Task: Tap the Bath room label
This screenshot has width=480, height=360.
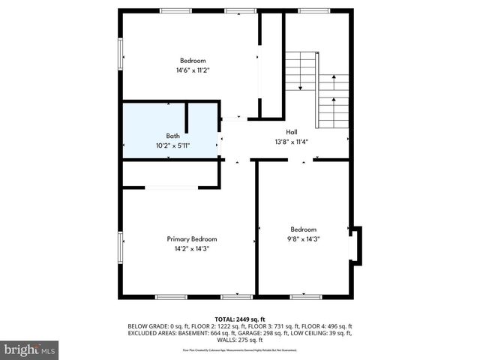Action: pyautogui.click(x=173, y=136)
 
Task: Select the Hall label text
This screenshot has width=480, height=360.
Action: pyautogui.click(x=292, y=131)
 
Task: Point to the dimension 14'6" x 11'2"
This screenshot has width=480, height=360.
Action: pyautogui.click(x=192, y=70)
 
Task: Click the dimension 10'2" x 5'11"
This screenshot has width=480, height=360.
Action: pyautogui.click(x=173, y=145)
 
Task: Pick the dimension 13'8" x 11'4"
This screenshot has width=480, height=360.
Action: pyautogui.click(x=292, y=140)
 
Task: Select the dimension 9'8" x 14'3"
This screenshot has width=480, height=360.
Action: pyautogui.click(x=304, y=239)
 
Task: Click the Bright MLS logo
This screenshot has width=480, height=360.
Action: pyautogui.click(x=30, y=349)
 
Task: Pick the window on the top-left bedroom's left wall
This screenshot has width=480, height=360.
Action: pyautogui.click(x=121, y=54)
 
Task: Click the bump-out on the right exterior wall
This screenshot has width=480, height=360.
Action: pyautogui.click(x=356, y=245)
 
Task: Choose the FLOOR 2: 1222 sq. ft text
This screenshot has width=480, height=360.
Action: pyautogui.click(x=206, y=326)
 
